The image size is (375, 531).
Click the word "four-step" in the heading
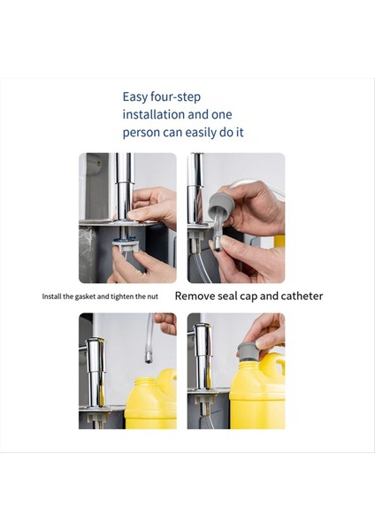point(175,97)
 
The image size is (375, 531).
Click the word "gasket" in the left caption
point(85,296)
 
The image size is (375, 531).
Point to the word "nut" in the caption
point(152,296)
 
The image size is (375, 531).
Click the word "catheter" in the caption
point(302,296)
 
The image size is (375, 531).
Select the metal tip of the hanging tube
point(149,358)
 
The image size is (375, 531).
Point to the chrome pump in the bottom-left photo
point(96,372)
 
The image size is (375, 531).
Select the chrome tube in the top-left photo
point(124,187)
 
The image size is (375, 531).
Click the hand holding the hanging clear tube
point(165,322)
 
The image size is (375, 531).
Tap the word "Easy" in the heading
point(135,97)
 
